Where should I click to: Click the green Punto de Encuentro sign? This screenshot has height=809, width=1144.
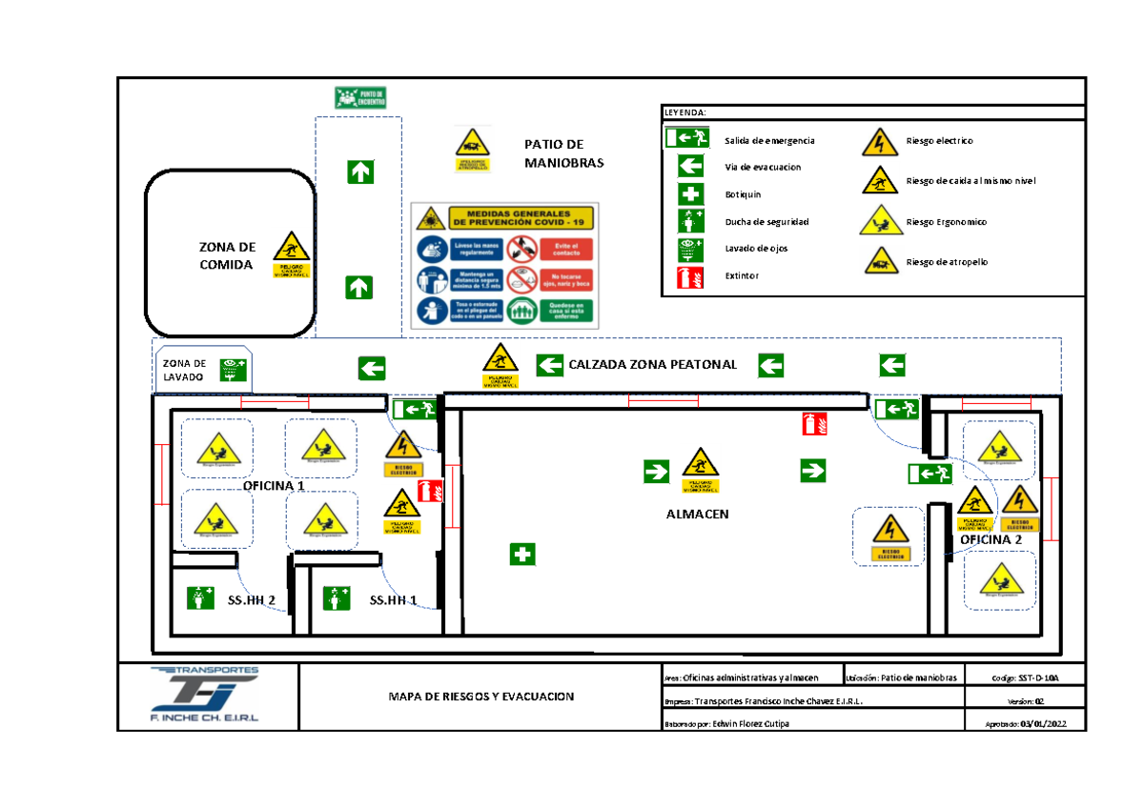(362, 97)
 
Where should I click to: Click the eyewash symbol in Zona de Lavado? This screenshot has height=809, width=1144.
(233, 369)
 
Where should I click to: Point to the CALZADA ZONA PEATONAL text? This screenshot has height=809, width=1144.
(652, 365)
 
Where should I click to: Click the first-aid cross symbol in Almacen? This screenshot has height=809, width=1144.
(521, 555)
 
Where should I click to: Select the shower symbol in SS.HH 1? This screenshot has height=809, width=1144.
(336, 598)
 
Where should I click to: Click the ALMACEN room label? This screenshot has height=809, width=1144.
(697, 514)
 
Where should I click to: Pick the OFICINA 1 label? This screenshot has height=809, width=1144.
(275, 485)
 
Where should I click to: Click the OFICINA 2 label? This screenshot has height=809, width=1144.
(991, 540)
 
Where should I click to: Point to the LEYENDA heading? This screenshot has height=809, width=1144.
(685, 112)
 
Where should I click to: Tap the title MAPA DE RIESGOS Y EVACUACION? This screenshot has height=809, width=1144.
(480, 697)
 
